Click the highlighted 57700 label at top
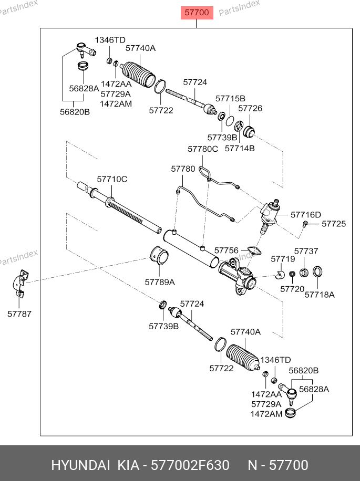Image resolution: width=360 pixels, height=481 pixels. [197, 13]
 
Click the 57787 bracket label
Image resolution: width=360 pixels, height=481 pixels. [19, 314]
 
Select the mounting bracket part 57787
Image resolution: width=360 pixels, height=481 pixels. [20, 284]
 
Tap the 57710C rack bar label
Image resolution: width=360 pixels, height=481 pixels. [111, 179]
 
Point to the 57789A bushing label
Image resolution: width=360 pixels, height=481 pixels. [160, 282]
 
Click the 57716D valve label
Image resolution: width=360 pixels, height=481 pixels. [306, 214]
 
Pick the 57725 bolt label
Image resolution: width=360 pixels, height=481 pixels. [334, 224]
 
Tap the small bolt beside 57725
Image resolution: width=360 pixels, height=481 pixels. [305, 224]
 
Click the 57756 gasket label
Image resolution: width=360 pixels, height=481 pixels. [226, 250]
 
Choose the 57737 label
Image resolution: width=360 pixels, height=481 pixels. [306, 252]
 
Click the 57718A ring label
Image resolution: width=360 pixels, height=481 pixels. [320, 295]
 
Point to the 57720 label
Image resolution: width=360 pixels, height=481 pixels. [292, 289]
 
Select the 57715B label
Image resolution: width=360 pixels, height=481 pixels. [230, 98]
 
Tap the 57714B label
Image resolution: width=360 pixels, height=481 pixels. [240, 148]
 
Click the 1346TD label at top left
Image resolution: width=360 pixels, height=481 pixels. [110, 40]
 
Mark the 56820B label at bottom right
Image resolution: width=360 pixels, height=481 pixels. [303, 370]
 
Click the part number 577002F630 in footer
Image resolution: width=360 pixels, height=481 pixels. [190, 465]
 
